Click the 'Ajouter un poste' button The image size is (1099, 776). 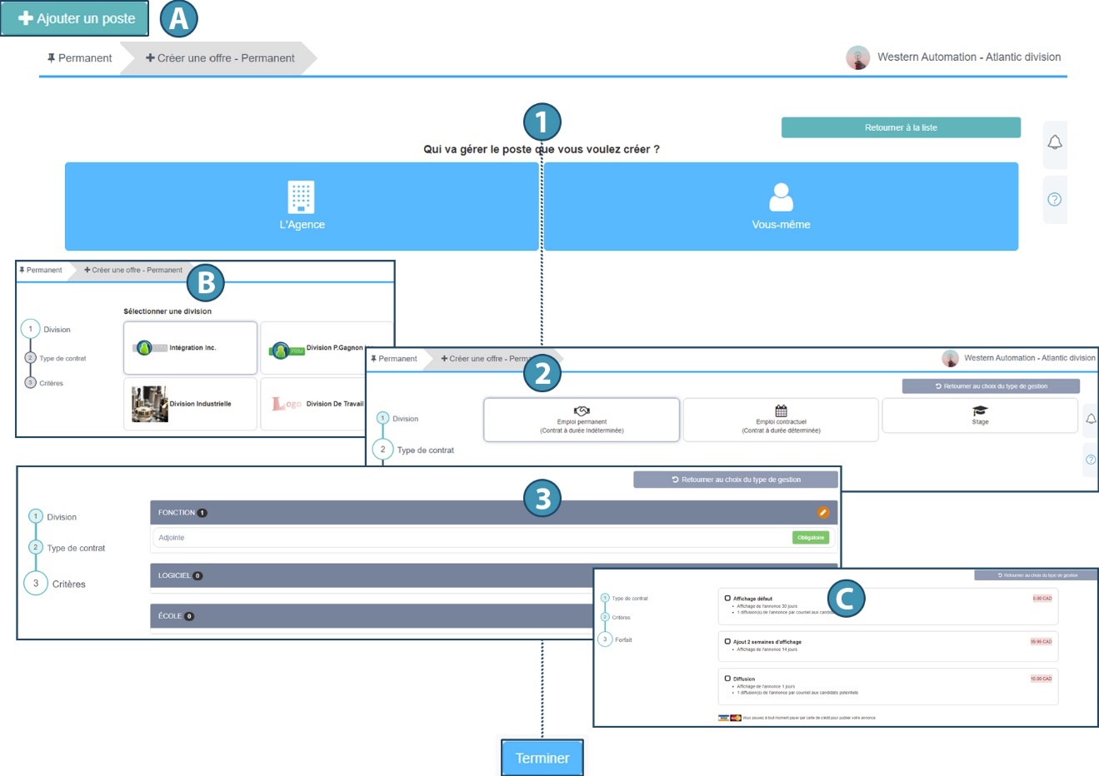point(75,18)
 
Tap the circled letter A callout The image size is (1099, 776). point(178,18)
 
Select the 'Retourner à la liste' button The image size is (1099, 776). point(901,127)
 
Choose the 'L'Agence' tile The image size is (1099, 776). point(302,206)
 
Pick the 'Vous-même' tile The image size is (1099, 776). point(781,206)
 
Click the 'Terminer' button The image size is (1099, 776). point(542,758)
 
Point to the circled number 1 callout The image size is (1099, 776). point(542,122)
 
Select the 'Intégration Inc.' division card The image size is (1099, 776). point(190,348)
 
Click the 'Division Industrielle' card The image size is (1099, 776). point(190,404)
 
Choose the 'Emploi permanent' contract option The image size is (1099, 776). point(582,420)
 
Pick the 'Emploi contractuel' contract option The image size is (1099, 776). point(781,420)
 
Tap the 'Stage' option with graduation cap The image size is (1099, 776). point(980,415)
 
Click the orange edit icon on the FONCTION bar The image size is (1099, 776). point(823,513)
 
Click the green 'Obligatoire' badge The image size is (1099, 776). point(810,538)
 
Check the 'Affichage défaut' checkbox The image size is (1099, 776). point(727,598)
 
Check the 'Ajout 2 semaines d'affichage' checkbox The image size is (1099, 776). point(727,641)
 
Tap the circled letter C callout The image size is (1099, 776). point(846,598)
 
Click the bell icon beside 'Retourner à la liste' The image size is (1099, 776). point(1055,142)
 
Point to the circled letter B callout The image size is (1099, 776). point(205,283)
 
